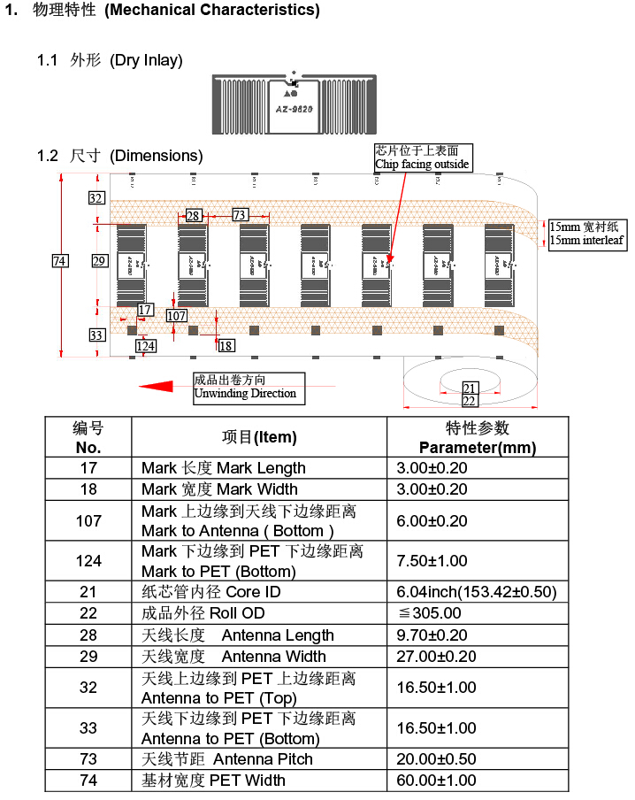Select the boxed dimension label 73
coord(240,215)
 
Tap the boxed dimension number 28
coord(193,215)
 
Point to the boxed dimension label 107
coord(177,316)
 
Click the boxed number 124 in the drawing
coord(146,346)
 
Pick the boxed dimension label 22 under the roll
coord(470,401)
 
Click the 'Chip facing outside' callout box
coord(423,158)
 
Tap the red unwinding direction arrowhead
coord(156,387)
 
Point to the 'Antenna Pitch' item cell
coord(259,759)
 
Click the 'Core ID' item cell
coord(259,592)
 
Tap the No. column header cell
coord(88,437)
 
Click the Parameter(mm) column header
coord(478,437)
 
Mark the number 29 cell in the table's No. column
coord(88,657)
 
